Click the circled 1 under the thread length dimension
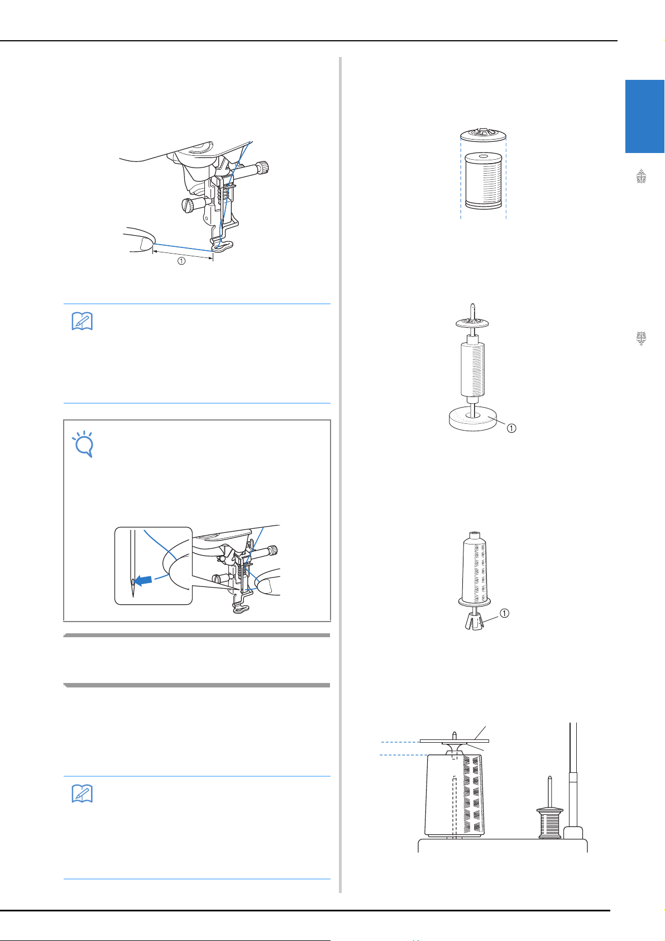[x=181, y=261]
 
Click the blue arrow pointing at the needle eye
[x=143, y=581]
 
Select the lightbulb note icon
[x=83, y=443]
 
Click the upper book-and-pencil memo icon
[x=82, y=321]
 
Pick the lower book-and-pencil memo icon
[x=82, y=794]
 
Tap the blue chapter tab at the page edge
[x=644, y=116]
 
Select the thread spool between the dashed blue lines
[x=483, y=180]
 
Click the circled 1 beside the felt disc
[x=511, y=428]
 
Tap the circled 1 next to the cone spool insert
[x=505, y=613]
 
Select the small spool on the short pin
[x=549, y=823]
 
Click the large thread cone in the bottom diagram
[x=455, y=795]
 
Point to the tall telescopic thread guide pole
[x=573, y=781]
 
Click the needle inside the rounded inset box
[x=133, y=563]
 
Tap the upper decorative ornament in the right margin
[x=641, y=176]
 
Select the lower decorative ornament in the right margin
[x=641, y=338]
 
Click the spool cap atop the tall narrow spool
[x=472, y=323]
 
